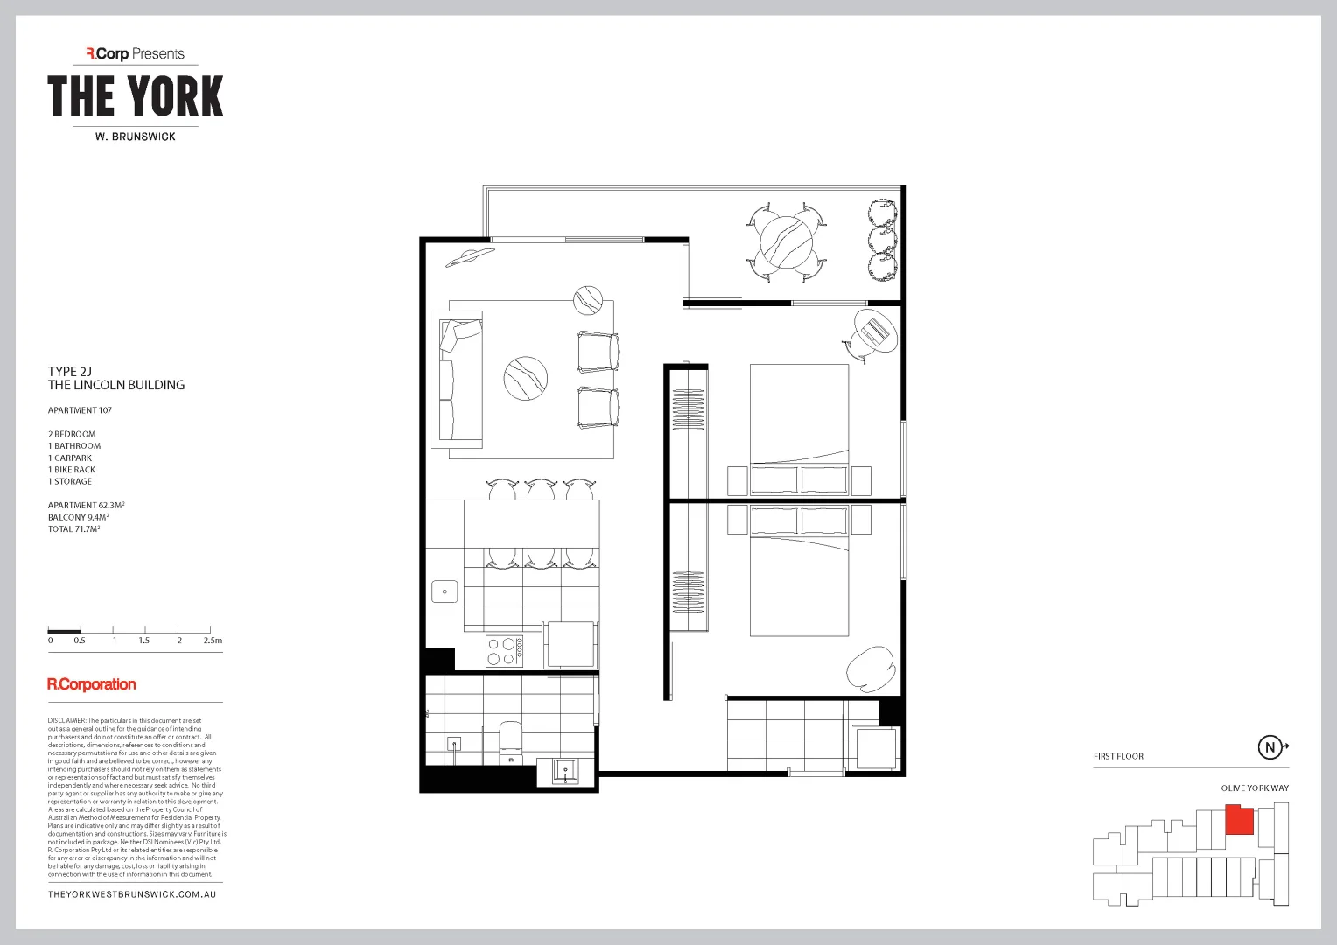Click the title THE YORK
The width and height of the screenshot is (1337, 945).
pos(136,96)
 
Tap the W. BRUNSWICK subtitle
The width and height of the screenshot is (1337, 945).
pos(136,136)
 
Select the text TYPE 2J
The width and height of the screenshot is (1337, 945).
pos(70,372)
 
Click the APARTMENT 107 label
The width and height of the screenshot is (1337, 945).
pos(80,410)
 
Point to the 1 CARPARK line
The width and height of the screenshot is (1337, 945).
pos(70,458)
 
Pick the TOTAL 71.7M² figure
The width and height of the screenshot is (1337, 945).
pos(73,529)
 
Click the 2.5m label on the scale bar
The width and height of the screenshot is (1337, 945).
pos(213,640)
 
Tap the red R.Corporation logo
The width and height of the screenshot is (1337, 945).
pos(92,684)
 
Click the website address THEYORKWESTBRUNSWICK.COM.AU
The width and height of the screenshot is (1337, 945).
pos(132,894)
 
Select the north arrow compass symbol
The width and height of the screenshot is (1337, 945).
pos(1270,747)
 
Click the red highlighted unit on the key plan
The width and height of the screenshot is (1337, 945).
pos(1239,820)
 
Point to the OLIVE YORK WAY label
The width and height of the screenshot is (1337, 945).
pos(1255,788)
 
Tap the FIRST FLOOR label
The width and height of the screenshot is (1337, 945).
pos(1118,756)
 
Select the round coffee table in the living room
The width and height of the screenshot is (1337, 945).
pos(526,379)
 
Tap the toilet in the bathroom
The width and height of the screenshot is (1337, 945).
pos(509,739)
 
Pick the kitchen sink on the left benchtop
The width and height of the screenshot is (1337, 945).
pos(444,591)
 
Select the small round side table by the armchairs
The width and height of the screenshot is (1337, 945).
pos(588,300)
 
